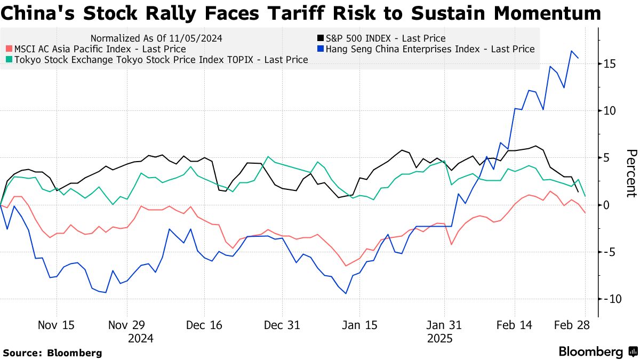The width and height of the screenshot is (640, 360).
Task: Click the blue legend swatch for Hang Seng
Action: coord(320,49)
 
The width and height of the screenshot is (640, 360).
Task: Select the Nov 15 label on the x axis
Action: coord(57,325)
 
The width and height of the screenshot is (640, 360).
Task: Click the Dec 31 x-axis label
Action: coord(283,325)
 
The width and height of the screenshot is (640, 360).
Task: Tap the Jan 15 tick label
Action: coord(359,325)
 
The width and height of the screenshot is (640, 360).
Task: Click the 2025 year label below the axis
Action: coord(439,338)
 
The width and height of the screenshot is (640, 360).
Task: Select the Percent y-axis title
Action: coord(631,173)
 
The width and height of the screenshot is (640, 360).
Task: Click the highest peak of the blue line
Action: coord(572,51)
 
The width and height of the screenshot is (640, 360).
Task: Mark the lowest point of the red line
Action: coord(346,266)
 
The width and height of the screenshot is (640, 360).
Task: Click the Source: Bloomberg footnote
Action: coord(52,353)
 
